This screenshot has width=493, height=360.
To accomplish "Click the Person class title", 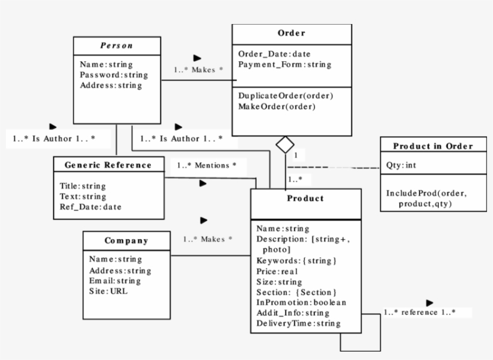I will click(117, 46).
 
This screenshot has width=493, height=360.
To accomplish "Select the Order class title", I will click(292, 33).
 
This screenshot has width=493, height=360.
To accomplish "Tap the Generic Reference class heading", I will click(108, 165).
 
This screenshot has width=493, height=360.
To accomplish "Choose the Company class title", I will click(126, 240).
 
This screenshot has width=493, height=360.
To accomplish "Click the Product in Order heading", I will click(433, 146).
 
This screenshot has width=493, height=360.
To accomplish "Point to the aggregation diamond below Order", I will click(284, 144).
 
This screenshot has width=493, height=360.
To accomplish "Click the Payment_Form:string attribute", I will click(284, 64).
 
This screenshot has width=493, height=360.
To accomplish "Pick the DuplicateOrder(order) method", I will click(286, 96).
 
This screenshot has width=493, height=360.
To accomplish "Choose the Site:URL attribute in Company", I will click(108, 291).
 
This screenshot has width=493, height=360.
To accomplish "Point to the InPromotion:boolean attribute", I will click(301, 302).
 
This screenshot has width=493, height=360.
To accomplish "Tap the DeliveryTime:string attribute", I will click(298, 323).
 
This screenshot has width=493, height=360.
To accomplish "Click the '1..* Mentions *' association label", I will click(206, 164).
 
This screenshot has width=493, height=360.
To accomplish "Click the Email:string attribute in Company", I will click(115, 281).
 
